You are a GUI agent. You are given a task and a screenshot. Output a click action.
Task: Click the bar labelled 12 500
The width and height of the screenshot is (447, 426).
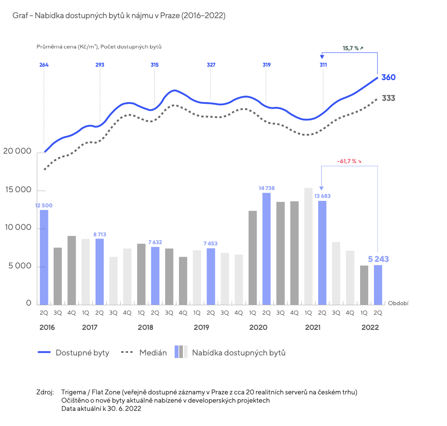(x=44, y=257)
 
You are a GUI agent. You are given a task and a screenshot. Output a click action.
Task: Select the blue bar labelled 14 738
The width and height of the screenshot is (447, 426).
(x=267, y=248)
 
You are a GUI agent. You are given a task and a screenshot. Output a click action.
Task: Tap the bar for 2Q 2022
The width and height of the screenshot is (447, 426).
(x=378, y=285)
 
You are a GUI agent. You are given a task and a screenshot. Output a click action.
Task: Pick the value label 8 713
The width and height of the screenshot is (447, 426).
(x=100, y=234)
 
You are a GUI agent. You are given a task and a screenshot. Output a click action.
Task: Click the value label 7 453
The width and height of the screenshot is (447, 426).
(x=211, y=244)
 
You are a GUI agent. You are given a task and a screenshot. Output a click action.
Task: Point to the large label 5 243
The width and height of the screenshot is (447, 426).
(x=378, y=259)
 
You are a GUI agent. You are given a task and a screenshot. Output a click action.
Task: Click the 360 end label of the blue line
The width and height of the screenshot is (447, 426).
(x=389, y=77)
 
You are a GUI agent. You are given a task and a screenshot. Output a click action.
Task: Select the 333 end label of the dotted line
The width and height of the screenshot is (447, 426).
(x=389, y=98)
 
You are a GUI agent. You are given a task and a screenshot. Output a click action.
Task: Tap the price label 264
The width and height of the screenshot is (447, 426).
(x=44, y=65)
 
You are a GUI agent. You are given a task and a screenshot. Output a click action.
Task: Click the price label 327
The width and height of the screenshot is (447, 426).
(x=211, y=65)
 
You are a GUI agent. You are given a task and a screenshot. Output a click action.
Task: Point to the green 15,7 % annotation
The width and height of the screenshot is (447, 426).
(x=353, y=48)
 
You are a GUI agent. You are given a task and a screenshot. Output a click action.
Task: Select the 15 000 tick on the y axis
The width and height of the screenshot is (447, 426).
(x=18, y=190)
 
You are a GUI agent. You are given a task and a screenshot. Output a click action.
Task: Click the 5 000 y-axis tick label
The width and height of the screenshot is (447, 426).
(x=20, y=266)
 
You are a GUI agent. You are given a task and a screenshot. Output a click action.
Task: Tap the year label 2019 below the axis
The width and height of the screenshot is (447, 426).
(x=201, y=327)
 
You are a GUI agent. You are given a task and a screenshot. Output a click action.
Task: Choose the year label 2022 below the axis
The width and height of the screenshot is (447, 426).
(x=370, y=327)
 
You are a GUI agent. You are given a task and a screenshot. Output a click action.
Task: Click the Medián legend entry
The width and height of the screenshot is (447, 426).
(x=144, y=353)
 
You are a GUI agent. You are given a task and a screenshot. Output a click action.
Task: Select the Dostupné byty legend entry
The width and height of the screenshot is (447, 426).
(x=73, y=353)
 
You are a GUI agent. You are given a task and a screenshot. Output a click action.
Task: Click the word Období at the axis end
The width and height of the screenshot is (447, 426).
(x=398, y=303)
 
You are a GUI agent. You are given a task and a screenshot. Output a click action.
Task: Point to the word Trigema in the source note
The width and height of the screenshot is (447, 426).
(x=73, y=392)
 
